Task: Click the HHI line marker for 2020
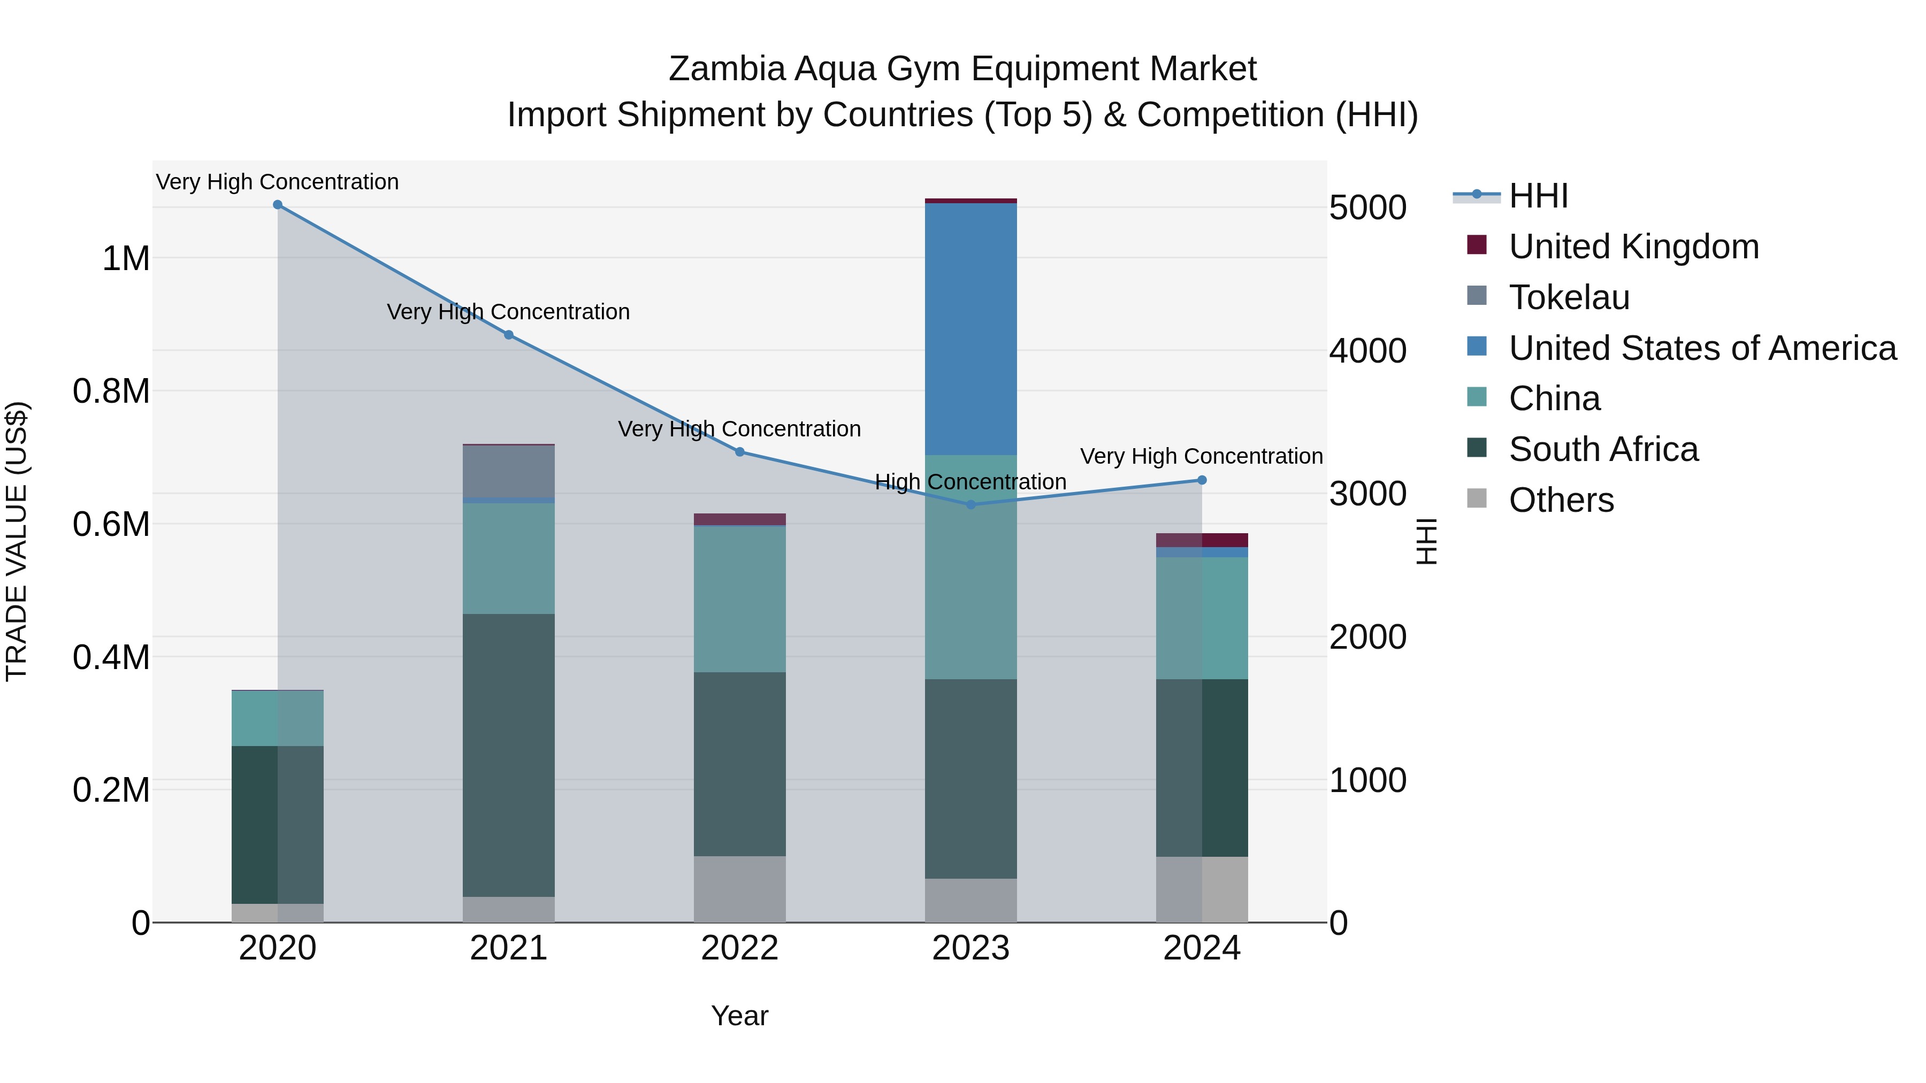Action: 277,205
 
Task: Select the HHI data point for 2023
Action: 970,504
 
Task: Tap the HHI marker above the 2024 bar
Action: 1202,480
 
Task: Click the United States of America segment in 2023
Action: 970,329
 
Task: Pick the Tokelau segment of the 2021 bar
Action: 508,471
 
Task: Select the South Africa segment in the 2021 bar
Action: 508,755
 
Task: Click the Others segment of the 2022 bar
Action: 739,889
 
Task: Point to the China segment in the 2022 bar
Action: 739,598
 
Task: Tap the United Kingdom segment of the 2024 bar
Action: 1202,540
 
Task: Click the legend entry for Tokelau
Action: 1569,297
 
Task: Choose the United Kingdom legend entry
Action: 1634,247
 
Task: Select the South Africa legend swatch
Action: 1477,449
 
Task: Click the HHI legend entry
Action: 1538,196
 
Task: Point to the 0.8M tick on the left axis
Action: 111,391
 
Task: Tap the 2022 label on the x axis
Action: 739,948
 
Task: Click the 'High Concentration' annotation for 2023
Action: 970,482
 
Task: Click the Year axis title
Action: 739,1016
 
